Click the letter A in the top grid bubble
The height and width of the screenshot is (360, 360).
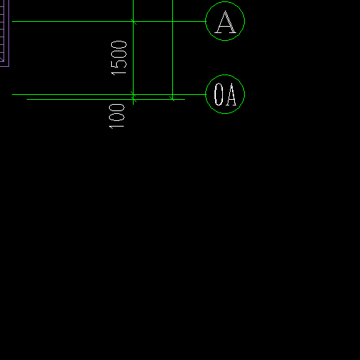(225, 22)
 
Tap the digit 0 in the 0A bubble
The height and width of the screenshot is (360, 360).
(219, 94)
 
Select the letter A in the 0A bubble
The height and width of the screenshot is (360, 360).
(231, 95)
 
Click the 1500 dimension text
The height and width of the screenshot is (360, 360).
(119, 58)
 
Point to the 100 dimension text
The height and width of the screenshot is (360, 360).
(117, 117)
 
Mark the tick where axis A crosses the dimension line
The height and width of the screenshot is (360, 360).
(134, 22)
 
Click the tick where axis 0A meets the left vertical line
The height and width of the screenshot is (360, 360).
(133, 94)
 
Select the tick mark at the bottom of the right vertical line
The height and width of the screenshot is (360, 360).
(172, 98)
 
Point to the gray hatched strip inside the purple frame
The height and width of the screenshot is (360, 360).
(2, 30)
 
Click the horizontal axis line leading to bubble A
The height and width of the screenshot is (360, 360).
(109, 21)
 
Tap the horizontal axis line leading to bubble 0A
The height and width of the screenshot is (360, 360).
(109, 94)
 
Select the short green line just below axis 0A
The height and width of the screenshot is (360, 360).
(105, 99)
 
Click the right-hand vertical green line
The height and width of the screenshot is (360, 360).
(172, 50)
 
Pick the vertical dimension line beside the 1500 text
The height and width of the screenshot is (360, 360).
(133, 52)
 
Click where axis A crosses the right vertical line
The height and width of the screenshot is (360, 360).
(172, 21)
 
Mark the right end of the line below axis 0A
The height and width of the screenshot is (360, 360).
(185, 99)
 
